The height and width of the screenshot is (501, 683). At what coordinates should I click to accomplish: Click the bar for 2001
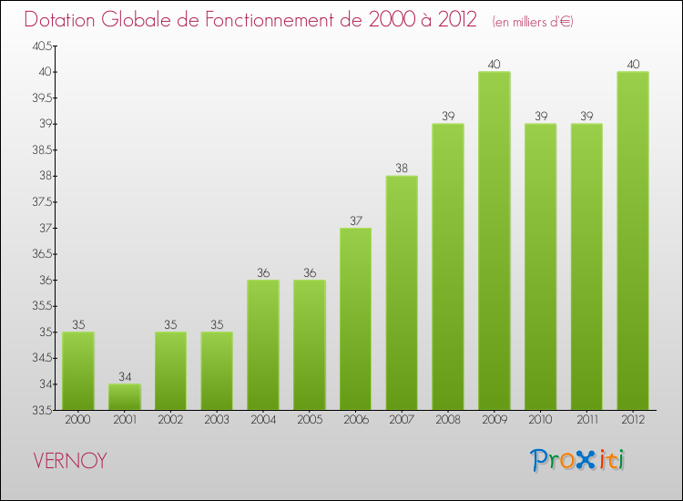(x=125, y=397)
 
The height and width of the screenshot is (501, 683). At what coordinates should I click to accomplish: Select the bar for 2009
(x=494, y=240)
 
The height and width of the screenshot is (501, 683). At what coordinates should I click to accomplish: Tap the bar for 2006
(x=355, y=319)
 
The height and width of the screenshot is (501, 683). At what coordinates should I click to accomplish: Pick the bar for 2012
(x=633, y=240)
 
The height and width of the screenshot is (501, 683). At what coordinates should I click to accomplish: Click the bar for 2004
(x=263, y=344)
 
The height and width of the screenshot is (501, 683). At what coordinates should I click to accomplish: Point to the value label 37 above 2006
(x=355, y=220)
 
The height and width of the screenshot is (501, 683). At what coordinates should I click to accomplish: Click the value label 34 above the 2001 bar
(x=125, y=377)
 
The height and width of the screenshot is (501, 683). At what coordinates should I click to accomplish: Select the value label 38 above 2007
(x=402, y=169)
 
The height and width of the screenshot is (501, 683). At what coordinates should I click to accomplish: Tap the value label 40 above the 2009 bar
(x=494, y=64)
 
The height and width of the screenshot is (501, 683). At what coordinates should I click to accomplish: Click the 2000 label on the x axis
(x=78, y=420)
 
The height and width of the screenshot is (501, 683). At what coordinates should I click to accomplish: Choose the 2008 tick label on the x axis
(x=448, y=420)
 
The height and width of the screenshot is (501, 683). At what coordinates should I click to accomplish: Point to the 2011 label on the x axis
(x=586, y=420)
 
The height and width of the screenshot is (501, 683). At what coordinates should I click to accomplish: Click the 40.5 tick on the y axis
(x=41, y=46)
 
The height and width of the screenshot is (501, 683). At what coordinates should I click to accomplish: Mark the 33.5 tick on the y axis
(x=41, y=411)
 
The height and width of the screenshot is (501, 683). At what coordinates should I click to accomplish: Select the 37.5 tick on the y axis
(x=41, y=202)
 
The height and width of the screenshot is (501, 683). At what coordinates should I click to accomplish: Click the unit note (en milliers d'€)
(x=533, y=21)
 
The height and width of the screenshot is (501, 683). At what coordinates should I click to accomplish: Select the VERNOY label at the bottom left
(x=69, y=461)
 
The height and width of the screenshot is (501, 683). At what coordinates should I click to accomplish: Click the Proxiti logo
(x=577, y=460)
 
